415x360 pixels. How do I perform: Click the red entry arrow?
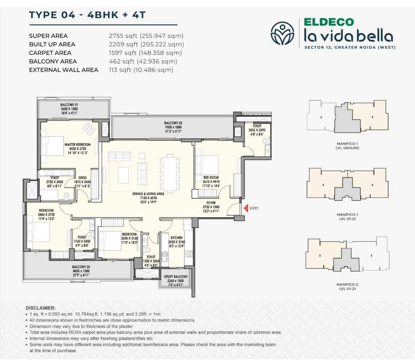pos(246,208)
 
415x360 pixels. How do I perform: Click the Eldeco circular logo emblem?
pos(282,33)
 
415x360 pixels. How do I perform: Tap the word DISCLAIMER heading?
pos(40,308)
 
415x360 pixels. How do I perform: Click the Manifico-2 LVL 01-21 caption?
pos(347,287)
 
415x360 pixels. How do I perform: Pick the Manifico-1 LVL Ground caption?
pos(347,146)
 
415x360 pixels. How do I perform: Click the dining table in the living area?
pos(170,174)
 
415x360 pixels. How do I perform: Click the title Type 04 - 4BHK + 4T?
pos(87,15)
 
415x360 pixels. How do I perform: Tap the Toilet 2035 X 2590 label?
pos(257,130)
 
